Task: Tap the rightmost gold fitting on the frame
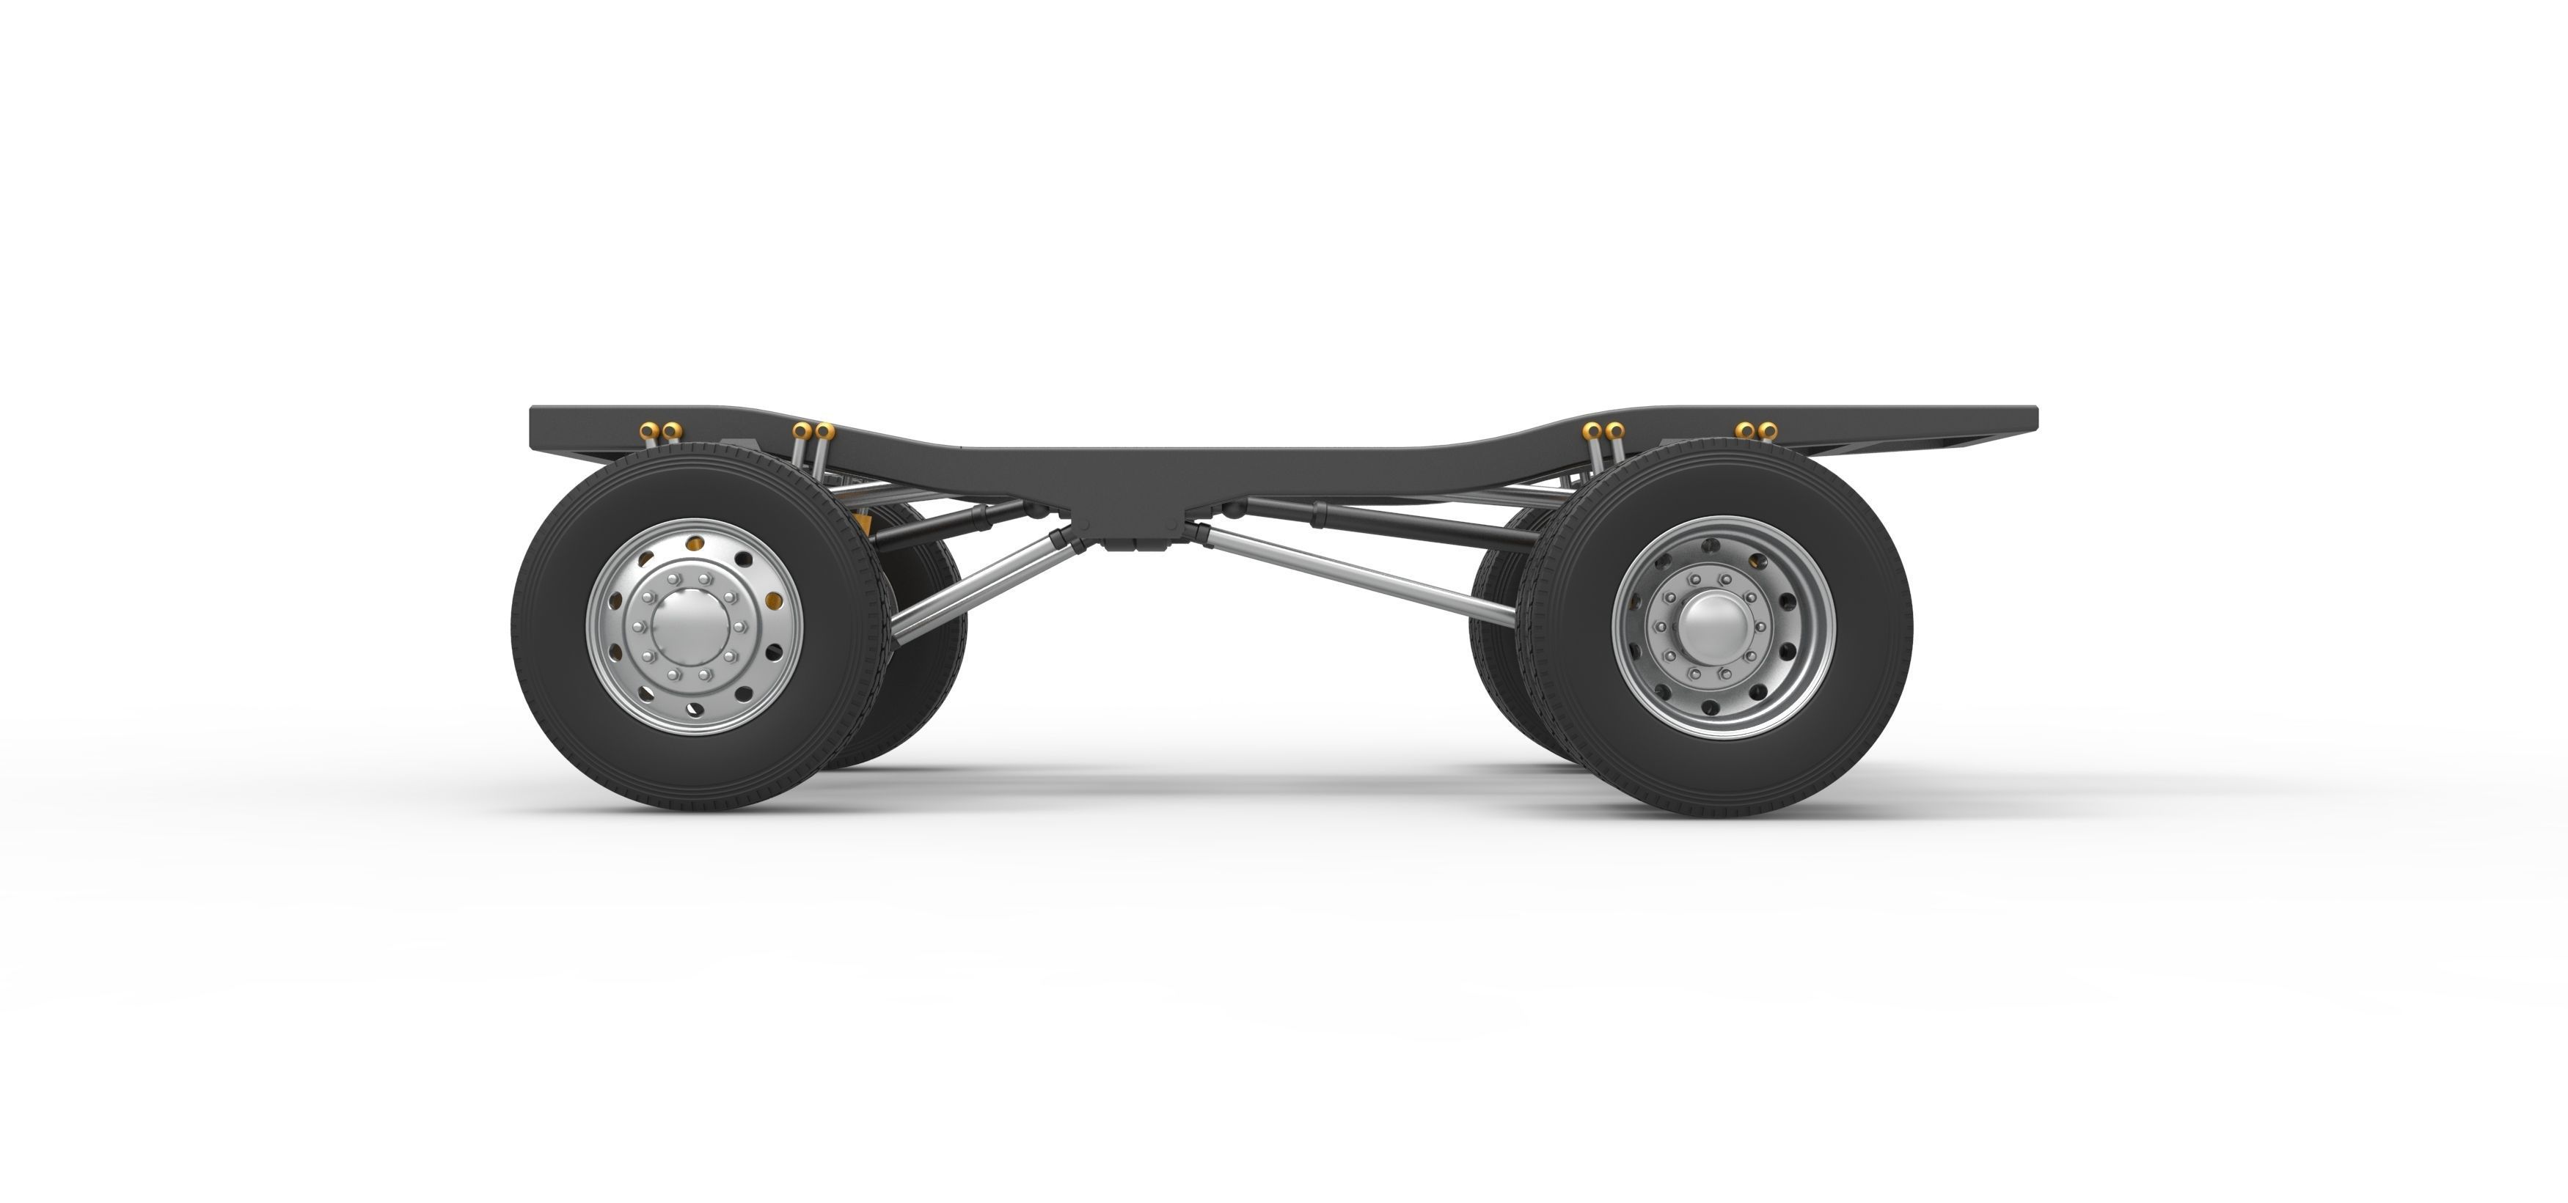[1768, 430]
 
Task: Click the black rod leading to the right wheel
[1416, 520]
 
